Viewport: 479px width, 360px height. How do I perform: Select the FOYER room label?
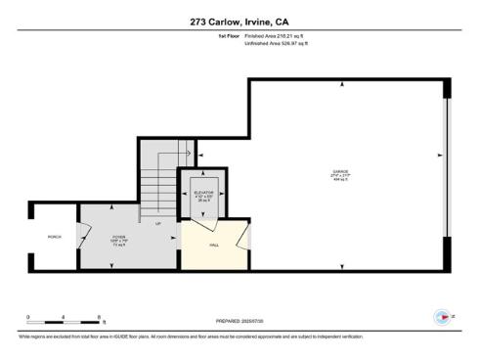(117, 237)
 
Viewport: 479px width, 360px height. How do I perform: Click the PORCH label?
(55, 237)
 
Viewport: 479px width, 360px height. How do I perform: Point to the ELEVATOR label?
(203, 193)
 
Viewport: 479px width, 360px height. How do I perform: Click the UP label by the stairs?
(158, 223)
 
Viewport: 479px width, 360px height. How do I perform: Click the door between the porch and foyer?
(84, 238)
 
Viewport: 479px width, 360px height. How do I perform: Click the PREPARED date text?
(239, 320)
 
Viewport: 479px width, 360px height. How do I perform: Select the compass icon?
(443, 317)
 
